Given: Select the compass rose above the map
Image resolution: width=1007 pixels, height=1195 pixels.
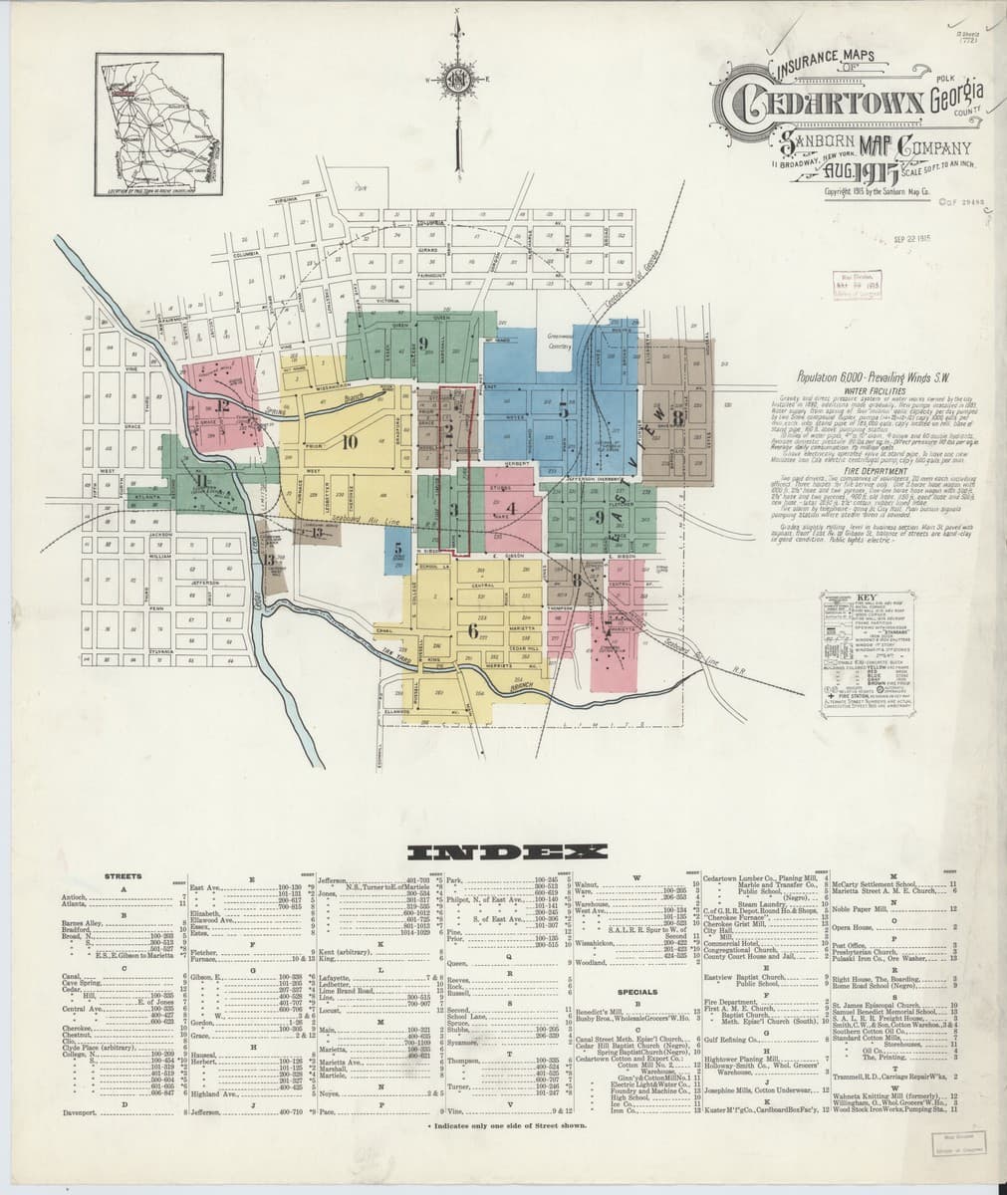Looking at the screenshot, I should pyautogui.click(x=457, y=77).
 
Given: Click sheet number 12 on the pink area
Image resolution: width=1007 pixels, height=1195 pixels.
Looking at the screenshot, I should pyautogui.click(x=221, y=404).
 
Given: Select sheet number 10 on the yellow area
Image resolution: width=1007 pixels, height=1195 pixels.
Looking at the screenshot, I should pyautogui.click(x=350, y=443).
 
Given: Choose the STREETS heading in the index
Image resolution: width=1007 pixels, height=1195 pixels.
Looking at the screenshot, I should pyautogui.click(x=124, y=876).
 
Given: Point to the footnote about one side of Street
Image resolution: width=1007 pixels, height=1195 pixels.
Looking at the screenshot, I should pyautogui.click(x=506, y=1124).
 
